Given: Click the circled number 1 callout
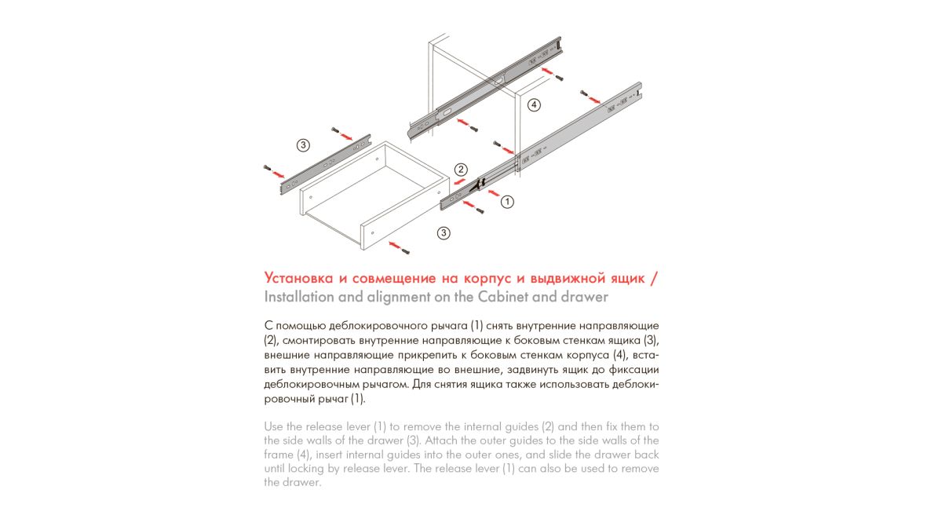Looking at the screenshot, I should [x=507, y=202].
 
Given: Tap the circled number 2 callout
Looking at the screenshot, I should [x=461, y=169].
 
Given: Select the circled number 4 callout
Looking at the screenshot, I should [x=534, y=104].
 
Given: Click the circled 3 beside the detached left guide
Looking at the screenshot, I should [x=303, y=144].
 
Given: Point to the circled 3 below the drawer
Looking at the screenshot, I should [x=444, y=232].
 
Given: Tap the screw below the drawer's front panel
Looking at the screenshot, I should [x=406, y=250].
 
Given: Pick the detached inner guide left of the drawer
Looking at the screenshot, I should [x=322, y=166].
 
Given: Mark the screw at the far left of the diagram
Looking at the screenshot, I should [x=267, y=169].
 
